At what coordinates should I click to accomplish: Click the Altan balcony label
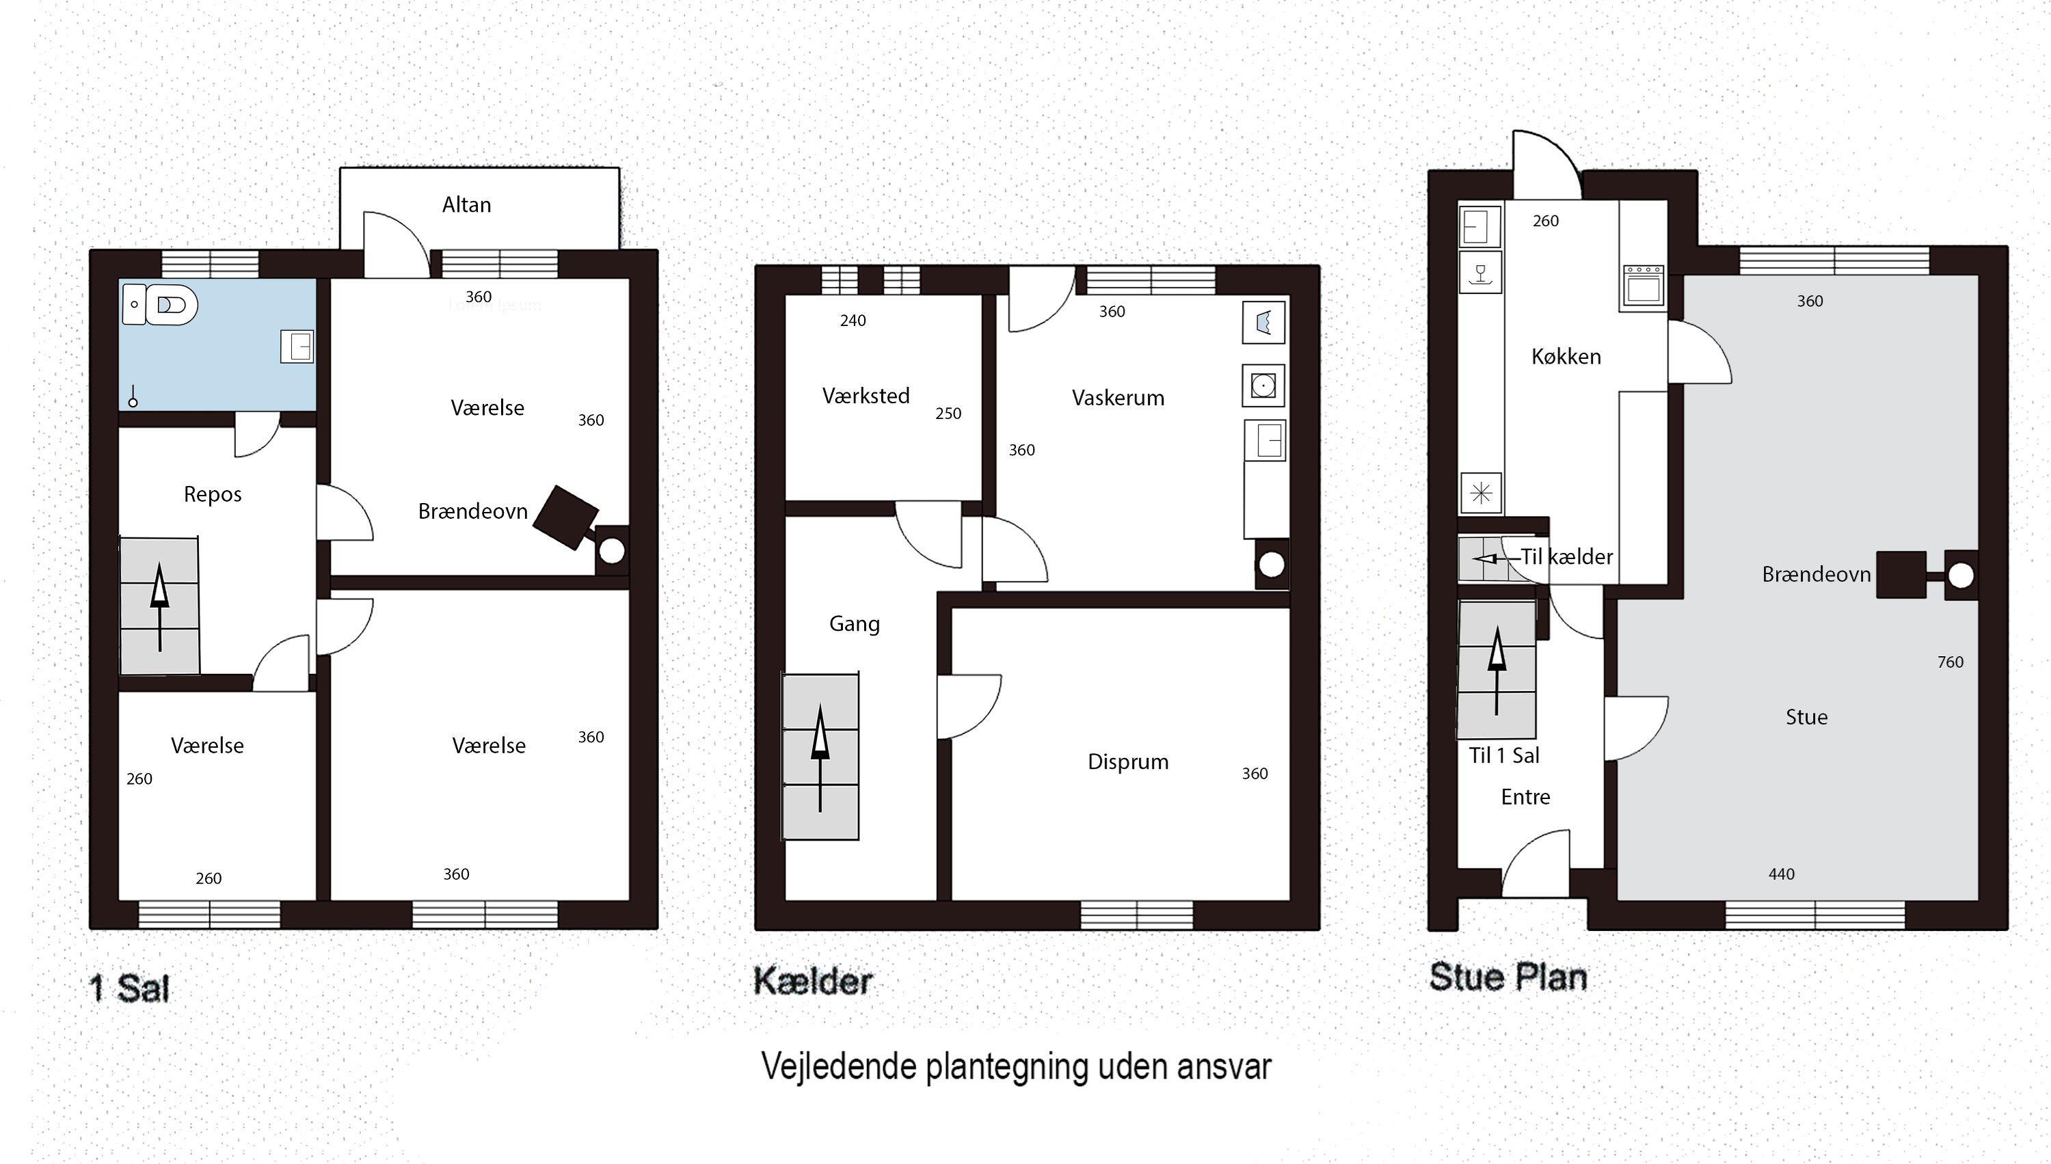[x=466, y=204]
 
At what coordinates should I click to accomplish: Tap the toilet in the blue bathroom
[x=171, y=305]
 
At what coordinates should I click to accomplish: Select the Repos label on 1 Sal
[x=212, y=494]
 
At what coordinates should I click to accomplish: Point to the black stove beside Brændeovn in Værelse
[x=565, y=517]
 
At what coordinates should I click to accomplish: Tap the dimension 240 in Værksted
[x=853, y=321]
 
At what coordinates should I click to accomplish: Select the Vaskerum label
[x=1117, y=397]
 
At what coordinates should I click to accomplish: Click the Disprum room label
[x=1127, y=761]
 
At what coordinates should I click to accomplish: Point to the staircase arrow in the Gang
[x=820, y=755]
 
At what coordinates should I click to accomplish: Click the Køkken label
[x=1566, y=357]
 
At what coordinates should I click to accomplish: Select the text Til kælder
[x=1566, y=556]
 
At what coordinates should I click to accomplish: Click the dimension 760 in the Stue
[x=1951, y=662]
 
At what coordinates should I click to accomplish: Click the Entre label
[x=1525, y=797]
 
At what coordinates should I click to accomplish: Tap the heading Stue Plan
[x=1507, y=977]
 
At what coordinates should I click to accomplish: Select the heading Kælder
[x=812, y=982]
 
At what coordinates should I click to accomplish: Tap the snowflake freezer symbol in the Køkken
[x=1481, y=492]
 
